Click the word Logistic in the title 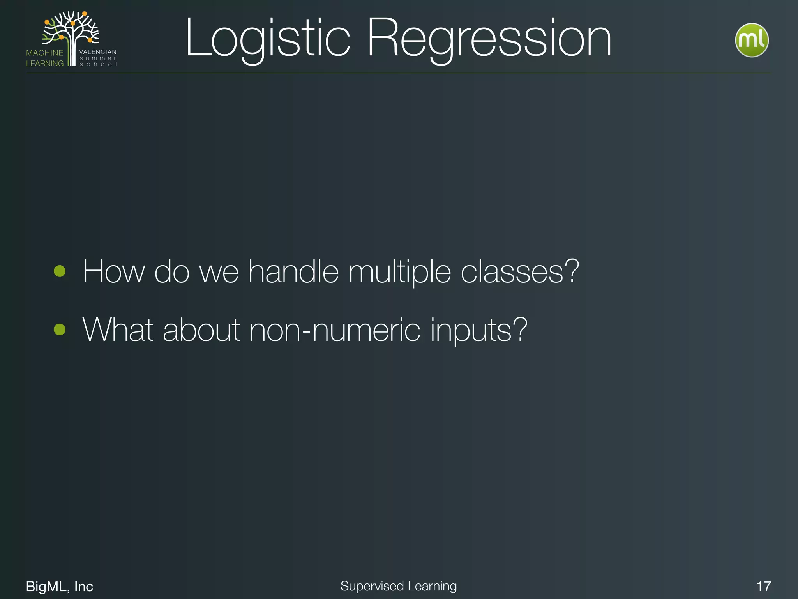click(x=268, y=39)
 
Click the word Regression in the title click(x=489, y=39)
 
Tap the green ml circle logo click(x=751, y=40)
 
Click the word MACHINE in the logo click(x=44, y=53)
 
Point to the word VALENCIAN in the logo click(x=98, y=52)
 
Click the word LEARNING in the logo click(x=44, y=63)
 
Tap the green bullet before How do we click(x=60, y=271)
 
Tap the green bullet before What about click(x=60, y=330)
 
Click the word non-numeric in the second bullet click(x=335, y=331)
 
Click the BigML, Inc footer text click(x=59, y=586)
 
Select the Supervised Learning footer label click(x=398, y=586)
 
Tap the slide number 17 click(x=763, y=586)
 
